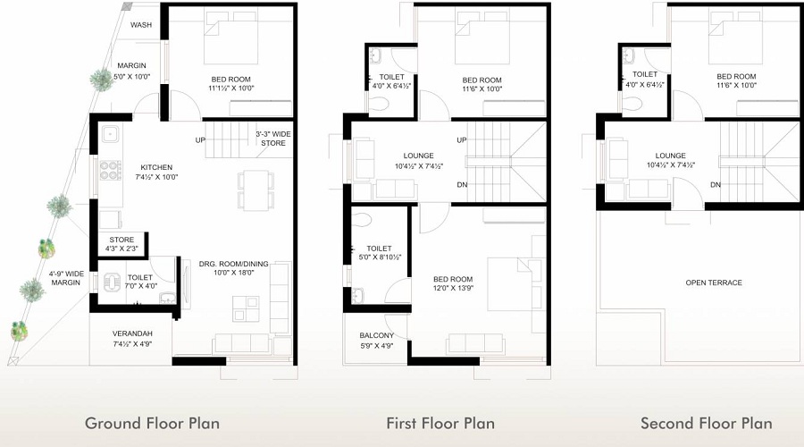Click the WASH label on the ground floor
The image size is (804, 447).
point(140,25)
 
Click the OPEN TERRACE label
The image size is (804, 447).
point(714,283)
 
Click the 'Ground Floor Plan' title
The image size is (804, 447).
point(152,423)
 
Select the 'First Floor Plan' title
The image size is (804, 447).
point(440,423)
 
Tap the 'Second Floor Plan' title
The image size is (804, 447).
point(706,423)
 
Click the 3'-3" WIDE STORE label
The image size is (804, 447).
point(272,139)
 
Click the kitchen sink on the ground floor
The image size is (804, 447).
point(110,137)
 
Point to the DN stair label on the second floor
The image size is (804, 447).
point(716,185)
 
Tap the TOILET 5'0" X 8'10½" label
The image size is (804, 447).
point(380,252)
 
